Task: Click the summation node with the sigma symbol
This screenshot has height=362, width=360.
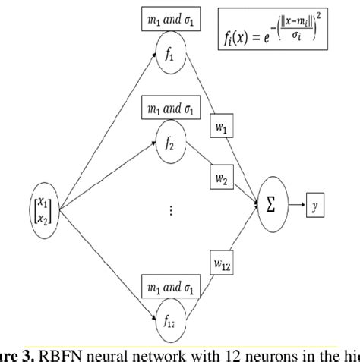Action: (272, 204)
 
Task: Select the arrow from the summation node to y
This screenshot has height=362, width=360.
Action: (296, 203)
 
